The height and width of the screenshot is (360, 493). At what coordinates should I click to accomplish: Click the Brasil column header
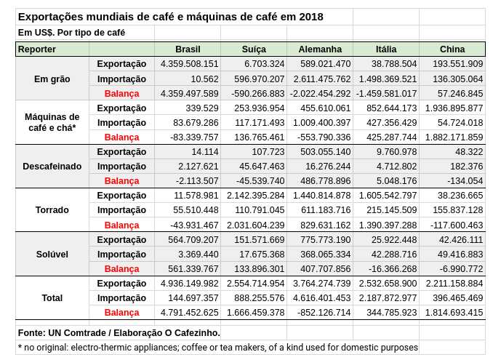(x=188, y=49)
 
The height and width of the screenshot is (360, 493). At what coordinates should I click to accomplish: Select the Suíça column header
(x=253, y=49)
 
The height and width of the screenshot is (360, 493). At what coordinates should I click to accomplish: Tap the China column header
(x=452, y=49)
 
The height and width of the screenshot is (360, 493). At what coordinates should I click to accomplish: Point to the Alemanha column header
(x=320, y=49)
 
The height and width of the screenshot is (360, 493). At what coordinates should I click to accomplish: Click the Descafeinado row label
(x=52, y=167)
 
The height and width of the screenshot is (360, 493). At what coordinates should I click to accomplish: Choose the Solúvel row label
(x=52, y=254)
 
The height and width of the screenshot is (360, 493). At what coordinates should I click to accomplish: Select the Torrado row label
(x=52, y=210)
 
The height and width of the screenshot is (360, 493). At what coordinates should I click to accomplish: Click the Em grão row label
(x=52, y=79)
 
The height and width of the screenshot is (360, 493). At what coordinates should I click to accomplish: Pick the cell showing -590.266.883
(x=253, y=93)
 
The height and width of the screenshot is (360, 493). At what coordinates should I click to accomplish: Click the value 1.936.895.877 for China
(x=452, y=108)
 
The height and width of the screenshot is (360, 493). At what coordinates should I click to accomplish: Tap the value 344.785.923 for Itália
(x=387, y=312)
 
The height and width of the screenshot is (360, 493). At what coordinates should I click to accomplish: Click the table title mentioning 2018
(x=170, y=17)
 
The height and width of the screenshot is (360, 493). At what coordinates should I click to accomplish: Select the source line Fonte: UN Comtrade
(x=119, y=332)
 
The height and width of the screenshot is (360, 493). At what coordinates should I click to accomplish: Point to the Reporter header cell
(x=37, y=49)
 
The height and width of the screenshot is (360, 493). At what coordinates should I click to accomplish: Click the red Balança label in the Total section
(x=121, y=312)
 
